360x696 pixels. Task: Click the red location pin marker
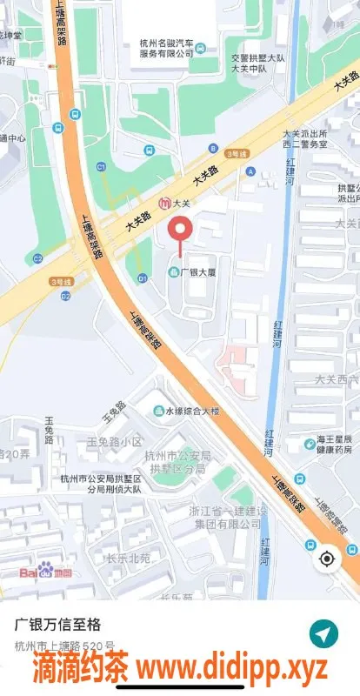[x=181, y=230]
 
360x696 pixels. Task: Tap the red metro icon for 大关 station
[x=164, y=204]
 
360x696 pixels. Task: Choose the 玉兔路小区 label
[x=113, y=442]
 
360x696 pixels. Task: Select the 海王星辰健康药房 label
[x=334, y=445]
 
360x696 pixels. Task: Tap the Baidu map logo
[x=48, y=571]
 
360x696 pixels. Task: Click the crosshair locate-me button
[x=327, y=558]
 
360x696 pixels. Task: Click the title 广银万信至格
[x=57, y=624]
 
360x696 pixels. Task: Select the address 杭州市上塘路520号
[x=64, y=646]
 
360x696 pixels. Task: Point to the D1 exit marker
[x=142, y=278]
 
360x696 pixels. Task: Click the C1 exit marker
[x=101, y=166]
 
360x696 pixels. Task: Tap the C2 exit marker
[x=37, y=258]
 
